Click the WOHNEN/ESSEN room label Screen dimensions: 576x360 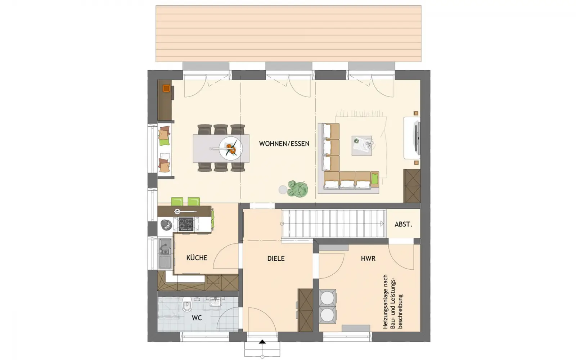pyautogui.click(x=284, y=144)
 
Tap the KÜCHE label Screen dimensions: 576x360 pyautogui.click(x=197, y=258)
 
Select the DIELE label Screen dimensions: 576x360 pyautogui.click(x=276, y=258)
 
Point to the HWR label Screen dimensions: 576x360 pyautogui.click(x=368, y=258)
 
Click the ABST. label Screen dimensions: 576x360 pyautogui.click(x=403, y=225)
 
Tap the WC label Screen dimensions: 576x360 pyautogui.click(x=197, y=318)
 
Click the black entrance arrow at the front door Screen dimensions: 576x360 pyautogui.click(x=262, y=342)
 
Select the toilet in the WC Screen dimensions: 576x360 pyautogui.click(x=187, y=305)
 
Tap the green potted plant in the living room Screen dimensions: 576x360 pyautogui.click(x=298, y=189)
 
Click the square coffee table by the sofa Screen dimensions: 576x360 pyautogui.click(x=361, y=145)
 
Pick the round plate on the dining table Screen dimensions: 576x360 pyautogui.click(x=231, y=149)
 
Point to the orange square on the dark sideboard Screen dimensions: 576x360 pyautogui.click(x=166, y=89)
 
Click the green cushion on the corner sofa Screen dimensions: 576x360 pyautogui.click(x=375, y=179)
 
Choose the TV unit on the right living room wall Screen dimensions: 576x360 pyautogui.click(x=412, y=138)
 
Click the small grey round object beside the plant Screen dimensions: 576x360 pyautogui.click(x=283, y=190)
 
